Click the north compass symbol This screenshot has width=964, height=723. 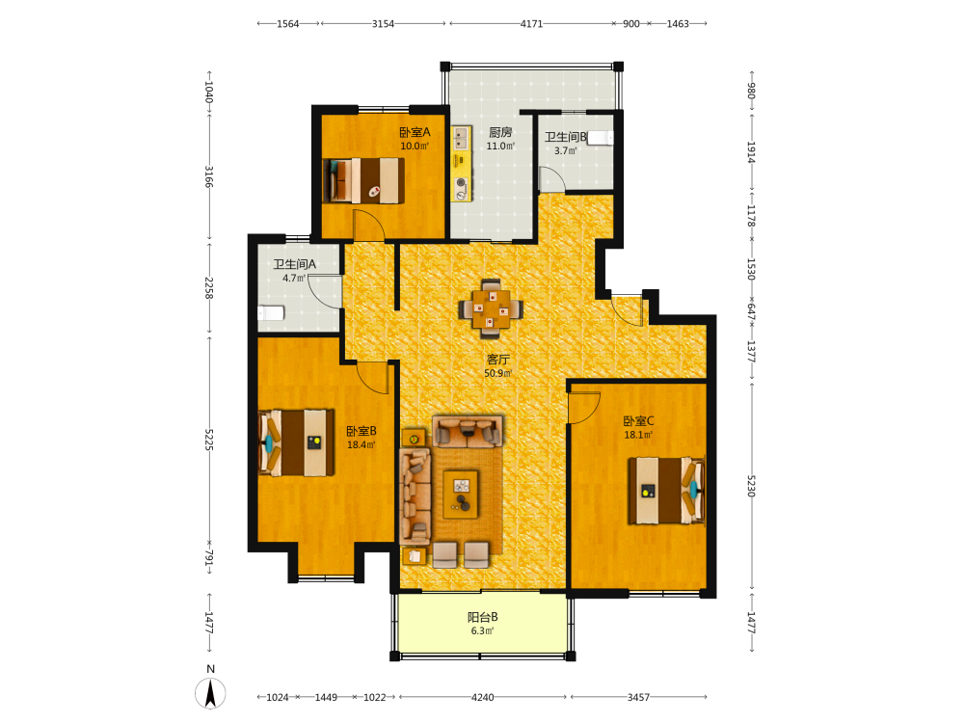tap(210, 692)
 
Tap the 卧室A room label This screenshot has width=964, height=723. tap(415, 132)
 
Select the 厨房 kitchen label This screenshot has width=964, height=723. tap(500, 132)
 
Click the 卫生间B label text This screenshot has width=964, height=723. tap(566, 137)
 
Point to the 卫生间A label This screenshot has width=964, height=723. tap(294, 264)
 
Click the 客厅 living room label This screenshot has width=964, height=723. tap(498, 360)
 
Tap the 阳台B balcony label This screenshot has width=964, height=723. tap(483, 617)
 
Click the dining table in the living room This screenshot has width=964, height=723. tap(491, 308)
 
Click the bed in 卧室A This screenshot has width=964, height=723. tap(364, 180)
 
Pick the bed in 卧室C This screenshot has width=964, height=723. tap(666, 491)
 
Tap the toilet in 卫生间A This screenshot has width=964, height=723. tap(271, 313)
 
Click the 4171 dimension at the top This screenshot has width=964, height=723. tap(531, 24)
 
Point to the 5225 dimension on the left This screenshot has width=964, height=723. tap(209, 440)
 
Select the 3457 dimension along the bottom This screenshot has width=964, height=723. tap(638, 697)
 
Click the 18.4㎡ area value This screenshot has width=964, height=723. tap(361, 444)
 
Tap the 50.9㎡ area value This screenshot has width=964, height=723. tap(498, 373)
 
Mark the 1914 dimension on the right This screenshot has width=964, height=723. tap(751, 152)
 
